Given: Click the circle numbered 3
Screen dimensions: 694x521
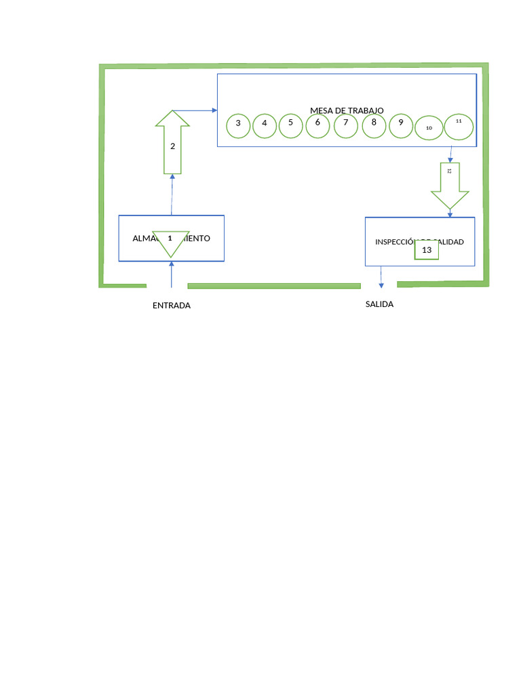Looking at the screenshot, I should [x=238, y=125].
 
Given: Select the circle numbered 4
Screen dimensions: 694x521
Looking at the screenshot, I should [x=265, y=125].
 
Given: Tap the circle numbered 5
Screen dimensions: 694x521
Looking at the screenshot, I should [x=291, y=125].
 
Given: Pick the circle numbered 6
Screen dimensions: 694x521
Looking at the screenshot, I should [x=317, y=125].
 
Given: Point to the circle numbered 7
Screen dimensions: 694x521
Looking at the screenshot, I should [x=346, y=125].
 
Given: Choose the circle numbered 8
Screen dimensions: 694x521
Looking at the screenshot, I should [x=374, y=125].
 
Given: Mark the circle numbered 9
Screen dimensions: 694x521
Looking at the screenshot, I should [x=401, y=125].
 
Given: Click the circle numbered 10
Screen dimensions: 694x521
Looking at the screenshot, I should [x=428, y=127].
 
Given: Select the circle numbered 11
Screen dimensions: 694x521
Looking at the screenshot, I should [x=458, y=126].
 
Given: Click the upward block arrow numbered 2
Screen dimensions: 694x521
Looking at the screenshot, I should [x=172, y=146].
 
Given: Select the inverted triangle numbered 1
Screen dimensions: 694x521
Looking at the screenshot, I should [x=170, y=241].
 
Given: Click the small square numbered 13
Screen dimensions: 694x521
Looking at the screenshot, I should [x=427, y=250].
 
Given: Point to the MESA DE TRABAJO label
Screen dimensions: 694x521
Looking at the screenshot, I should [x=347, y=110].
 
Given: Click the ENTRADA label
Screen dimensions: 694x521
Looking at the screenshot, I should [x=172, y=306].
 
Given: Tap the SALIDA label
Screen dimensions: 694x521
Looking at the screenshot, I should [x=379, y=304].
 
